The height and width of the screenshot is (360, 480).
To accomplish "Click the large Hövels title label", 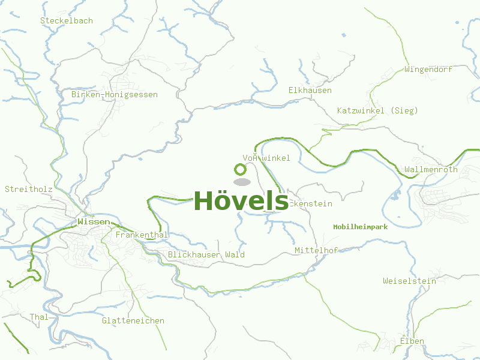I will [241, 200].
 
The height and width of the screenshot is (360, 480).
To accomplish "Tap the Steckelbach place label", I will [67, 20].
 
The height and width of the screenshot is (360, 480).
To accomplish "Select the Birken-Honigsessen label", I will [114, 95].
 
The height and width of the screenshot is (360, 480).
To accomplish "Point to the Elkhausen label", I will [310, 91].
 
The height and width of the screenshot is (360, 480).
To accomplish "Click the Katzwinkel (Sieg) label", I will [377, 110].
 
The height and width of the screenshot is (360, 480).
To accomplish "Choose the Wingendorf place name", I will [428, 69].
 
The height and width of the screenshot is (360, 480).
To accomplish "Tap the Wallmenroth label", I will [431, 170].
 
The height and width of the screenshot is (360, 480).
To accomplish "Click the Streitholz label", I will [29, 189].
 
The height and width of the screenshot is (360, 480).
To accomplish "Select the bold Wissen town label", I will [94, 222].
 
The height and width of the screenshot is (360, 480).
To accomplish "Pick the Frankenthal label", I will [142, 235].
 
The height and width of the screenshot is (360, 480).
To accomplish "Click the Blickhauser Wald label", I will [206, 255].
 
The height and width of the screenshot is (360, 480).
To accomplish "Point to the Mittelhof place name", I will [316, 250].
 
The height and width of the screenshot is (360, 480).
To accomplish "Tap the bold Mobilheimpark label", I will [361, 227].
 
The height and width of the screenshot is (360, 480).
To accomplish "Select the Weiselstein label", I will [409, 281].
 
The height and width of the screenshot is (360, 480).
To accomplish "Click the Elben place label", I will [412, 341].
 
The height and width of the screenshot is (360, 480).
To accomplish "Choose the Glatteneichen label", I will [133, 321].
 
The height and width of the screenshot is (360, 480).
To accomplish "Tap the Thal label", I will [39, 317].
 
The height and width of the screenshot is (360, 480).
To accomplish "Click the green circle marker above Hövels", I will [241, 170].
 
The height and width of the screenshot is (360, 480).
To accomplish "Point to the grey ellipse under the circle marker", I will [241, 182].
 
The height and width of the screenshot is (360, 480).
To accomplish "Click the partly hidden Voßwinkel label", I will [266, 158].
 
